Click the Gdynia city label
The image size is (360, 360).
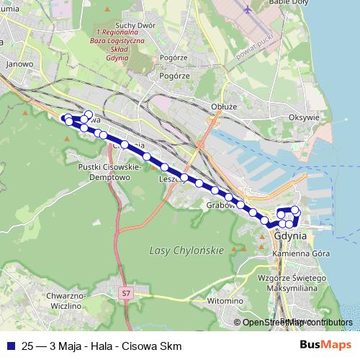pyautogui.click(x=291, y=235)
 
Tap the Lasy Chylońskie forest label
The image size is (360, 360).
pyautogui.click(x=187, y=250)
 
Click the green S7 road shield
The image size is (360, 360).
pyautogui.click(x=127, y=293)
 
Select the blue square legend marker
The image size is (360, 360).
pyautogui.click(x=10, y=346)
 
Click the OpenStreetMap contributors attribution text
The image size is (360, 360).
pyautogui.click(x=297, y=323)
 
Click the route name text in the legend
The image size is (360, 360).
pyautogui.click(x=102, y=346)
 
